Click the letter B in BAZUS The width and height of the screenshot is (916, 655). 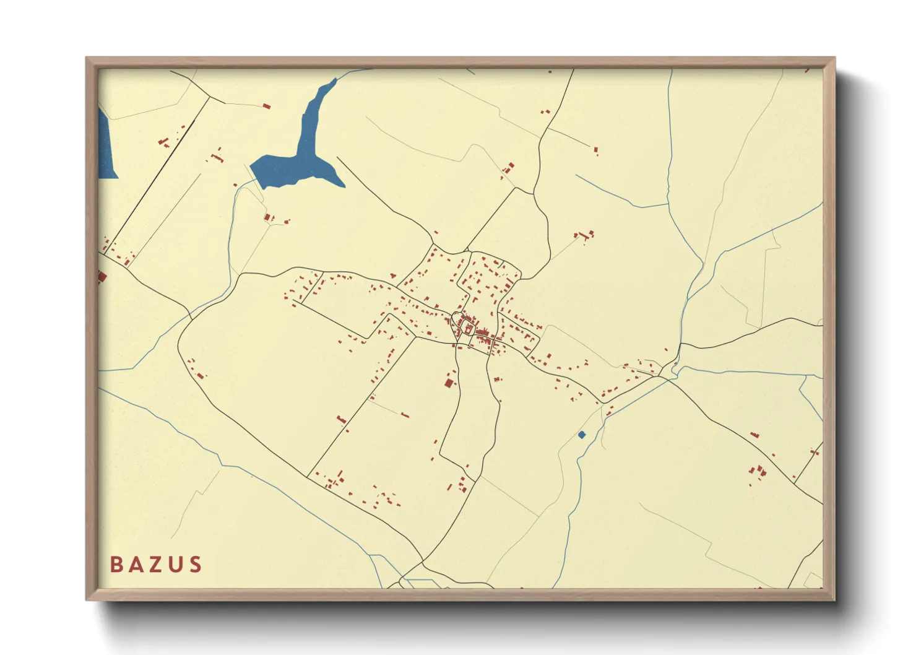pos(116,565)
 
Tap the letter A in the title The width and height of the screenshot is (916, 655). pos(136,565)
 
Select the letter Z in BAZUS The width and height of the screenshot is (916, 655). pos(157,565)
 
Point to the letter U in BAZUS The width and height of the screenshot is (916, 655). pos(176,565)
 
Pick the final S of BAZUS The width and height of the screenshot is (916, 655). pos(196,565)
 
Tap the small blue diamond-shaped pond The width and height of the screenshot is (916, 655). pos(581,435)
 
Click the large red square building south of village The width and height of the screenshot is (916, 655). pos(449,383)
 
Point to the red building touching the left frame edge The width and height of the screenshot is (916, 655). pos(102,276)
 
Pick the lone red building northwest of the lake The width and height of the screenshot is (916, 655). pos(267,106)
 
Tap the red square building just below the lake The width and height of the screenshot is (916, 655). pos(268,217)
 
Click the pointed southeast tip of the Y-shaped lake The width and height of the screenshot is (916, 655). pos(343,184)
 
